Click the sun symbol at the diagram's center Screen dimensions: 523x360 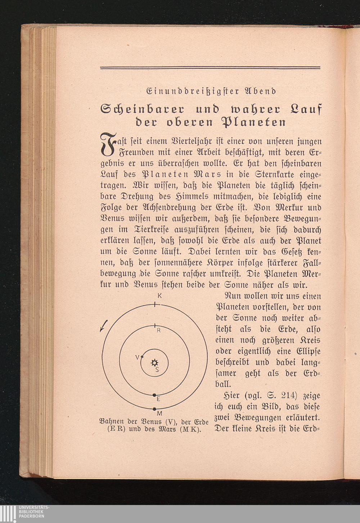coord(155,362)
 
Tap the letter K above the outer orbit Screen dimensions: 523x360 coord(159,296)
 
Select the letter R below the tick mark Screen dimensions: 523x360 coord(158,330)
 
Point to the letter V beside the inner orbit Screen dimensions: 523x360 coord(137,357)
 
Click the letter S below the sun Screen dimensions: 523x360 coord(157,369)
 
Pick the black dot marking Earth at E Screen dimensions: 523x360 coord(154,395)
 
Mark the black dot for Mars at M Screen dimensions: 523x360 coord(154,409)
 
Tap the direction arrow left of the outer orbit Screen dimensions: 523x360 coord(104,325)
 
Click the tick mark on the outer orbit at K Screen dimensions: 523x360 coord(154,305)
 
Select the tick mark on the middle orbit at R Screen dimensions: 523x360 coord(154,326)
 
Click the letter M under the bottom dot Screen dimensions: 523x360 coord(159,414)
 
